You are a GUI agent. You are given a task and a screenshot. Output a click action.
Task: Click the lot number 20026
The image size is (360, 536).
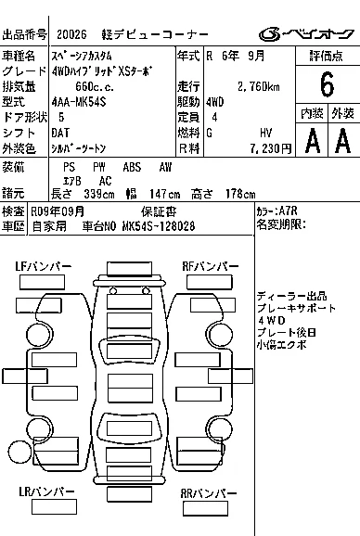tap(71, 34)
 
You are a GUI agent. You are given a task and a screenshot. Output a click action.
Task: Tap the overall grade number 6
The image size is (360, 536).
tap(327, 84)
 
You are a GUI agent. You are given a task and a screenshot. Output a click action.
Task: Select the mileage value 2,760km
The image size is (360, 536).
tap(259, 86)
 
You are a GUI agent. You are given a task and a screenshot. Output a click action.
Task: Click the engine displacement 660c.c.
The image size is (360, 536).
tap(95, 86)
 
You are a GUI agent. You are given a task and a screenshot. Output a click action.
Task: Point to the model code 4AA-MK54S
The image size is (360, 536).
tap(79, 102)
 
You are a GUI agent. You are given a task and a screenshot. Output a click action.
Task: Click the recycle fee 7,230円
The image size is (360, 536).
tap(270, 148)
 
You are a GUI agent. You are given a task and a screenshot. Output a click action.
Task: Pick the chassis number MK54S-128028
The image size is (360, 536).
tap(159, 226)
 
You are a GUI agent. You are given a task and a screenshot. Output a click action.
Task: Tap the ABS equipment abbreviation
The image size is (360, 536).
tap(132, 167)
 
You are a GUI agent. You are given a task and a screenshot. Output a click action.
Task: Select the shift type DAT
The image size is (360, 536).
tap(60, 133)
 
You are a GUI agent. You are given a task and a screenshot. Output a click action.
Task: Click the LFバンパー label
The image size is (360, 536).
tap(43, 266)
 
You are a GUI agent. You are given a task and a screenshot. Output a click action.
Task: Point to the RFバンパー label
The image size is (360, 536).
tap(211, 266)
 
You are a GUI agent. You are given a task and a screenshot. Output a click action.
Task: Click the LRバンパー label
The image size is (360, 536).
tap(46, 491)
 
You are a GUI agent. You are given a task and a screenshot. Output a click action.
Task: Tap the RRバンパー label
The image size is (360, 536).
tap(209, 493)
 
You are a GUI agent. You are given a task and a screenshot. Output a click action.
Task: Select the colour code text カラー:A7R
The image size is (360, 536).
tap(276, 211)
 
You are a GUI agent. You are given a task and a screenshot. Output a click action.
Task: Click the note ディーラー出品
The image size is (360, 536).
tap(291, 296)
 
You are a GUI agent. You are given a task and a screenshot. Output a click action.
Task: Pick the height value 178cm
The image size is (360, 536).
tap(240, 194)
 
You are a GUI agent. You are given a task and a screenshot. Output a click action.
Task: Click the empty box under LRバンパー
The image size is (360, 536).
tap(54, 507)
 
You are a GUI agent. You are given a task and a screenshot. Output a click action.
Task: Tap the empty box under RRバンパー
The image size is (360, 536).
tap(205, 509)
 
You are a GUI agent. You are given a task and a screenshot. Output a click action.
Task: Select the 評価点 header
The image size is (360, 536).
tap(327, 56)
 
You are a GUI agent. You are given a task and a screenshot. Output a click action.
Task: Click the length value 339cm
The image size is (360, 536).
tap(99, 194)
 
